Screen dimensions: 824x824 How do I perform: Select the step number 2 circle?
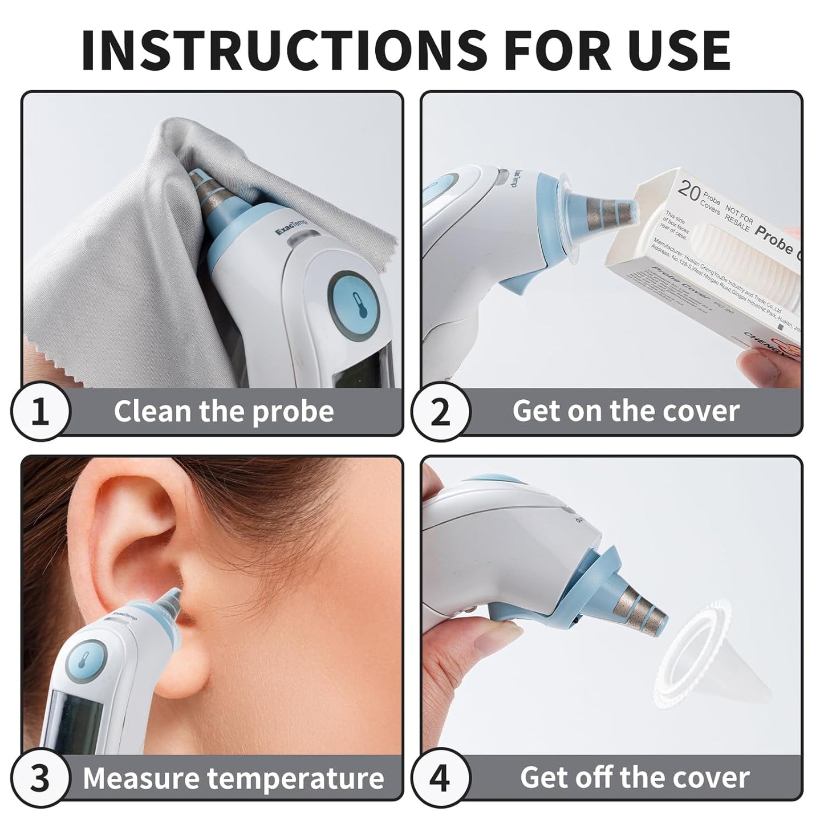tap(440, 412)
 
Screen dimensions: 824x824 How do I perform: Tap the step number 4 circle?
tap(440, 778)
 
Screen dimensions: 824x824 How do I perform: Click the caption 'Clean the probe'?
tap(224, 411)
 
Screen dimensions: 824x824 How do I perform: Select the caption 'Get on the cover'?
tap(626, 411)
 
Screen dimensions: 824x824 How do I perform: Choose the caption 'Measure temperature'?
tap(233, 778)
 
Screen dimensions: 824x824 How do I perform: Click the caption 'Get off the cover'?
tap(634, 778)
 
